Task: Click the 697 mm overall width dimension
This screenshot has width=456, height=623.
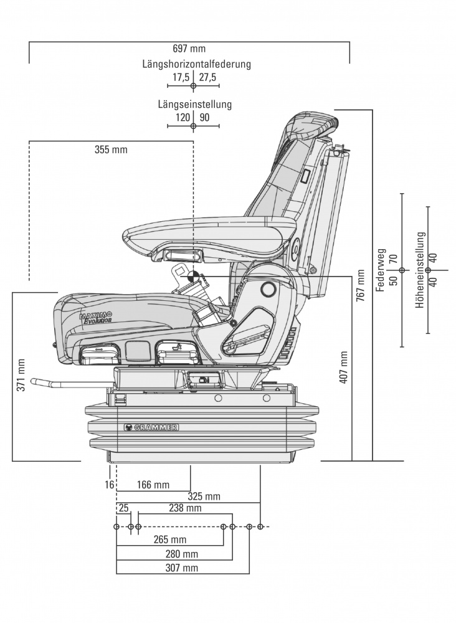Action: [189, 49]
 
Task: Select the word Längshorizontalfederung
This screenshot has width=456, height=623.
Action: [196, 64]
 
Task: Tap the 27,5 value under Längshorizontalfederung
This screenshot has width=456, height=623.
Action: [207, 77]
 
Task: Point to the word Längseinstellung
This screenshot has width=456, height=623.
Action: [194, 104]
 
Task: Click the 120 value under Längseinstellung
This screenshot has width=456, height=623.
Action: [183, 117]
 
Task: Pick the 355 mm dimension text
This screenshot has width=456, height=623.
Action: [111, 150]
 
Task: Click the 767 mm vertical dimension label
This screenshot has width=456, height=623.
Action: [361, 285]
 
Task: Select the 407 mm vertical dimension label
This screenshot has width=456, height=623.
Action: [344, 367]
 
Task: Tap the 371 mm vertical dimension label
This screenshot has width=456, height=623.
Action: [21, 375]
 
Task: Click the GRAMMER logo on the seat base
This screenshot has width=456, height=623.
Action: [152, 427]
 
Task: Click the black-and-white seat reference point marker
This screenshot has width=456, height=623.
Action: [194, 275]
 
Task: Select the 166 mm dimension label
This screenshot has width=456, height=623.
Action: [152, 485]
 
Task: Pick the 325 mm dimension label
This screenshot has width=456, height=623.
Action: [204, 497]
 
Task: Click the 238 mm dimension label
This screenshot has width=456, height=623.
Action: [185, 508]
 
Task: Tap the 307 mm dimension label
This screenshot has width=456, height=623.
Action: [181, 568]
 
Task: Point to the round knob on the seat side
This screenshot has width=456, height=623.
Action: [268, 289]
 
